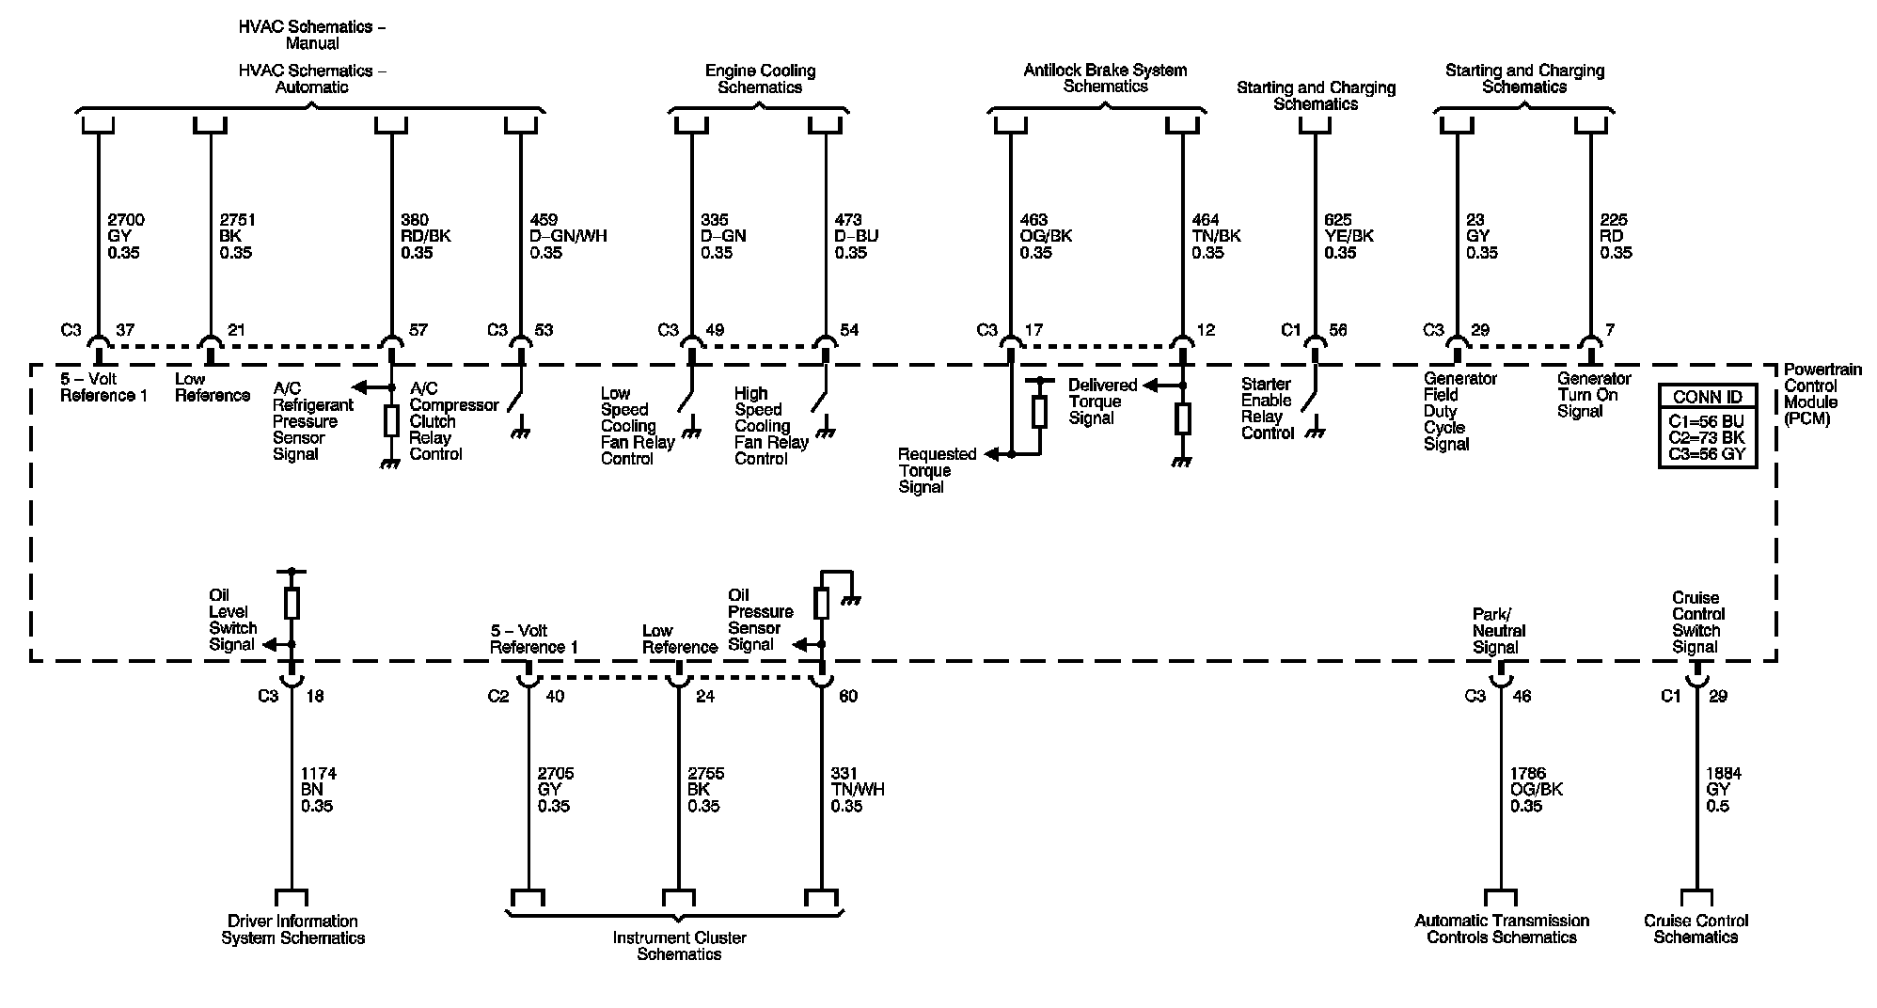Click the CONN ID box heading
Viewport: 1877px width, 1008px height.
pyautogui.click(x=1708, y=398)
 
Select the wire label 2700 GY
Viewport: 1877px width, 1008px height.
pyautogui.click(x=126, y=236)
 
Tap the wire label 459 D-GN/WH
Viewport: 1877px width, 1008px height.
pyautogui.click(x=568, y=236)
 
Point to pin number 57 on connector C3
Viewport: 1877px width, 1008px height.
pyautogui.click(x=418, y=330)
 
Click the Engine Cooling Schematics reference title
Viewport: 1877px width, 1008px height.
pyautogui.click(x=760, y=79)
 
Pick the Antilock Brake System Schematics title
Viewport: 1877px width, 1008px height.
pyautogui.click(x=1105, y=78)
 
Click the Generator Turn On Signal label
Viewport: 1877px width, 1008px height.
pyautogui.click(x=1594, y=395)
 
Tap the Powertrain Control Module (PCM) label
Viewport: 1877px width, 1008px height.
pyautogui.click(x=1822, y=394)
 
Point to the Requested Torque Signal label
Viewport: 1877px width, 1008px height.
pyautogui.click(x=937, y=470)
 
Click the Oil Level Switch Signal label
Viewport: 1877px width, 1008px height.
pyautogui.click(x=232, y=620)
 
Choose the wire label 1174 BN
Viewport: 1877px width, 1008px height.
pyautogui.click(x=318, y=790)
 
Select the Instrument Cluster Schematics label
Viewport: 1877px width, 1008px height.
pyautogui.click(x=679, y=945)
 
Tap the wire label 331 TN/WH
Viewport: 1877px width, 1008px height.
pyautogui.click(x=857, y=790)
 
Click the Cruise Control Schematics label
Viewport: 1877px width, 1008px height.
pyautogui.click(x=1696, y=929)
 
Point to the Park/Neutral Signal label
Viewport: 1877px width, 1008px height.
pyautogui.click(x=1498, y=631)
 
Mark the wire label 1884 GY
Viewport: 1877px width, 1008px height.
pyautogui.click(x=1723, y=790)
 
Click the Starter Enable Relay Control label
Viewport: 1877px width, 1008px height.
pyautogui.click(x=1267, y=408)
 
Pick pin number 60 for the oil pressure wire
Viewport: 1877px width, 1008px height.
pyautogui.click(x=847, y=697)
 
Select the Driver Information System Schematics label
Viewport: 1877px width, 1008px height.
pyautogui.click(x=292, y=929)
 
